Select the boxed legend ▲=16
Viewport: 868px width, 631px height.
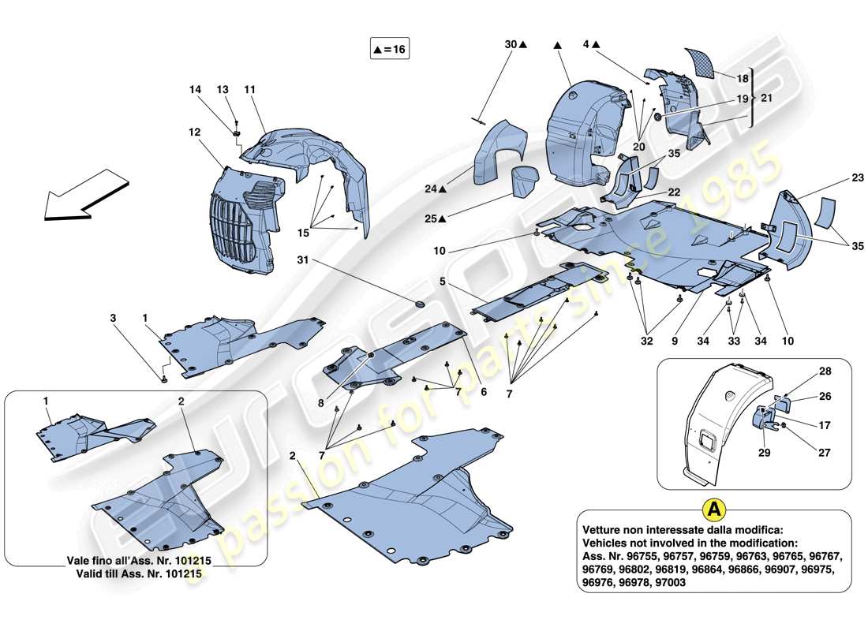pyautogui.click(x=390, y=49)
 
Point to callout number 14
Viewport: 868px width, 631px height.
pyautogui.click(x=196, y=90)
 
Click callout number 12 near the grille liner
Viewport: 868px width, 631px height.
pyautogui.click(x=195, y=133)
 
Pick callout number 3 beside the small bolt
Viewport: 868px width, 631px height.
pyautogui.click(x=113, y=318)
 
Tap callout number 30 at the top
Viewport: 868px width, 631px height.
pyautogui.click(x=511, y=46)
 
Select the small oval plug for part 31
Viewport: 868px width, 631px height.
pyautogui.click(x=419, y=304)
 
